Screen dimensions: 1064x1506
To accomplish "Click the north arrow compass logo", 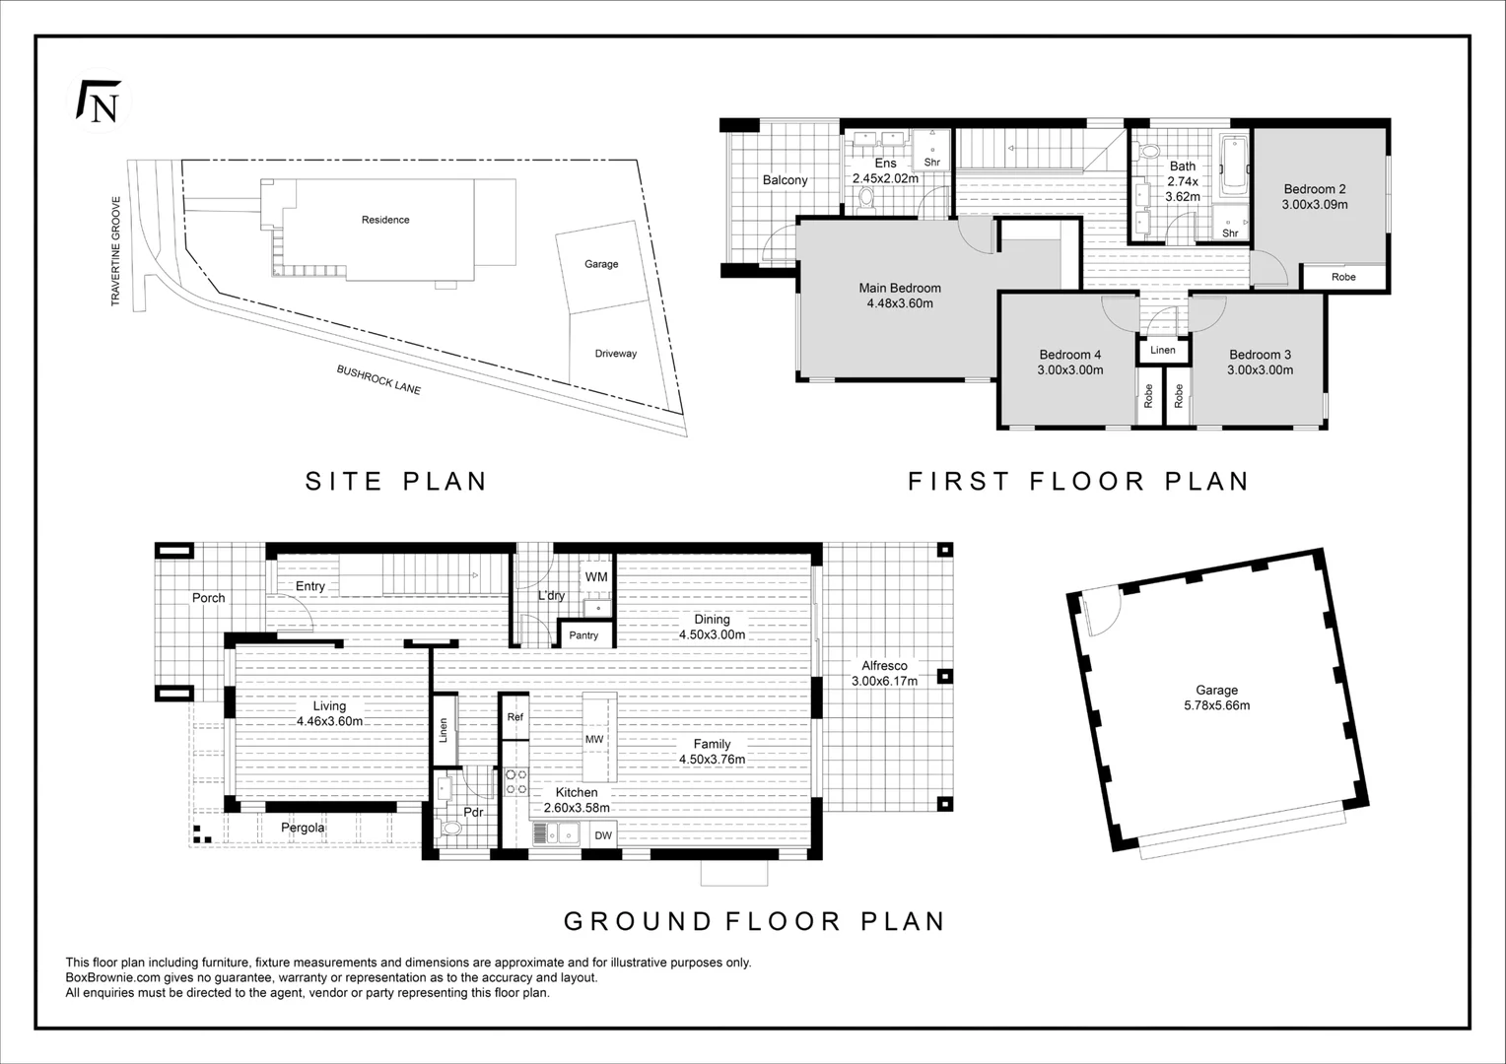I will tap(98, 102).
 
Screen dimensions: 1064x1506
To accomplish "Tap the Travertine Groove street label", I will tap(115, 252).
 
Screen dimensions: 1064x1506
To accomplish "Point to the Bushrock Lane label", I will tap(378, 380).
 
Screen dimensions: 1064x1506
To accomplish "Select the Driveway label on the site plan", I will tap(615, 354).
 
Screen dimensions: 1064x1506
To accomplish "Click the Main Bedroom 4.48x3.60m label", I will tap(899, 296).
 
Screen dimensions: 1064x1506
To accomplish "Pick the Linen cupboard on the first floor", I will tap(1163, 350).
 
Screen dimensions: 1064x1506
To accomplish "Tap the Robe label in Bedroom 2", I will tap(1343, 277).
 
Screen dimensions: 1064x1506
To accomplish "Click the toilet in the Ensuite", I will tap(866, 200).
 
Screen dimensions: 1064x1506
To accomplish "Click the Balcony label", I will tap(785, 180).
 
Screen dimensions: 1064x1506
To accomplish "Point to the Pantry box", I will tap(583, 634).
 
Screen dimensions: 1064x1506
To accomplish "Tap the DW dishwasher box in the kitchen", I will tap(603, 835).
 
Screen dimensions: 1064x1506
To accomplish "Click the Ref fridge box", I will tap(514, 717).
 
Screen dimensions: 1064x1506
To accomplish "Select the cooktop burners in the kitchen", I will tap(516, 782).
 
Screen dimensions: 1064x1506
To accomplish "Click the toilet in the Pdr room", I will tap(450, 828).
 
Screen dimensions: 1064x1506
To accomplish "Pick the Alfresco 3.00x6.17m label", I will tap(884, 673).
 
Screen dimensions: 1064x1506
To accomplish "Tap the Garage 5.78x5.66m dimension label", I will tap(1217, 698).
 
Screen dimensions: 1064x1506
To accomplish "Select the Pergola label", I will tap(303, 828).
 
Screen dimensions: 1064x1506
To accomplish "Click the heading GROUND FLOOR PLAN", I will tap(754, 921).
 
